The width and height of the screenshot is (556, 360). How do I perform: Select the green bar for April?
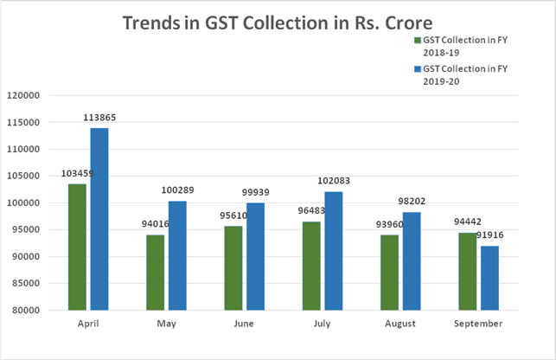[78, 247]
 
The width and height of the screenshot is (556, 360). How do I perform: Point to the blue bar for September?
[490, 278]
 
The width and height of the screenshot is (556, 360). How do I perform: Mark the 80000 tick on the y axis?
[24, 310]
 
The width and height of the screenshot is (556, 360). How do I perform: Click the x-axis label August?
[400, 323]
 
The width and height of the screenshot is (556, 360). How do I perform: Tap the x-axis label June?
[245, 323]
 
